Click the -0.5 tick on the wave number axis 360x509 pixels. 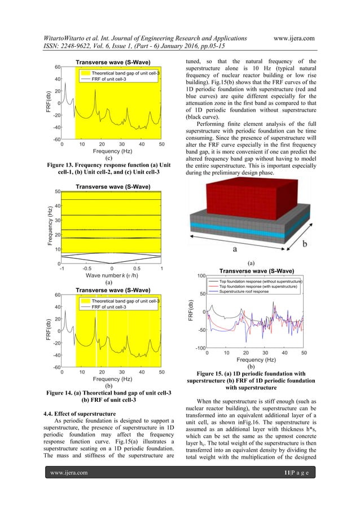pos(86,269)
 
